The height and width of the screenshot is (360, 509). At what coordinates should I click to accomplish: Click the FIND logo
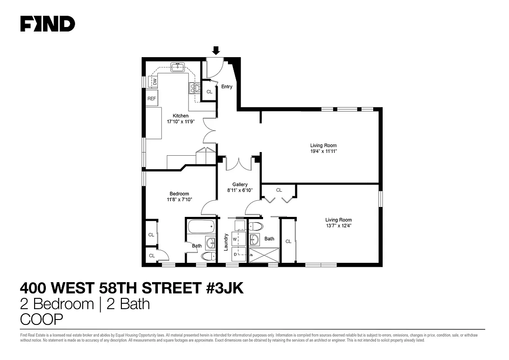(x=47, y=24)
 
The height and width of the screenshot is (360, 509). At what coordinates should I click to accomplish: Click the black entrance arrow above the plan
(x=216, y=50)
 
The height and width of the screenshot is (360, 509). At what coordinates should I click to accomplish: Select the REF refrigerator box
(x=152, y=98)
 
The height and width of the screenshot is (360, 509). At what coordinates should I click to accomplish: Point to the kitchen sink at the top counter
(x=177, y=68)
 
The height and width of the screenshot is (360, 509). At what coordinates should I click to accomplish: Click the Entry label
(x=227, y=86)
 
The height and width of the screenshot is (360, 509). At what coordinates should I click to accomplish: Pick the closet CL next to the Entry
(x=209, y=92)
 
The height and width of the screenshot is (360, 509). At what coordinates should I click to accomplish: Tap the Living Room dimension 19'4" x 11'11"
(x=323, y=151)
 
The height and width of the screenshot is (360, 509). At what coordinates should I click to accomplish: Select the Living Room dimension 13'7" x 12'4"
(x=339, y=226)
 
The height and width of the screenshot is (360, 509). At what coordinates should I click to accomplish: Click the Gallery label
(x=240, y=184)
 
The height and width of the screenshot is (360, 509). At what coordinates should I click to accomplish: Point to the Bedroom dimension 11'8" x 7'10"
(x=179, y=199)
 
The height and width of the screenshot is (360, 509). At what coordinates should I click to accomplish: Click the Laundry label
(x=226, y=242)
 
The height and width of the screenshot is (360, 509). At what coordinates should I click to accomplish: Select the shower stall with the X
(x=264, y=255)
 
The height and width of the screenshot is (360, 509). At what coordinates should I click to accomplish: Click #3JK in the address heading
(x=225, y=288)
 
